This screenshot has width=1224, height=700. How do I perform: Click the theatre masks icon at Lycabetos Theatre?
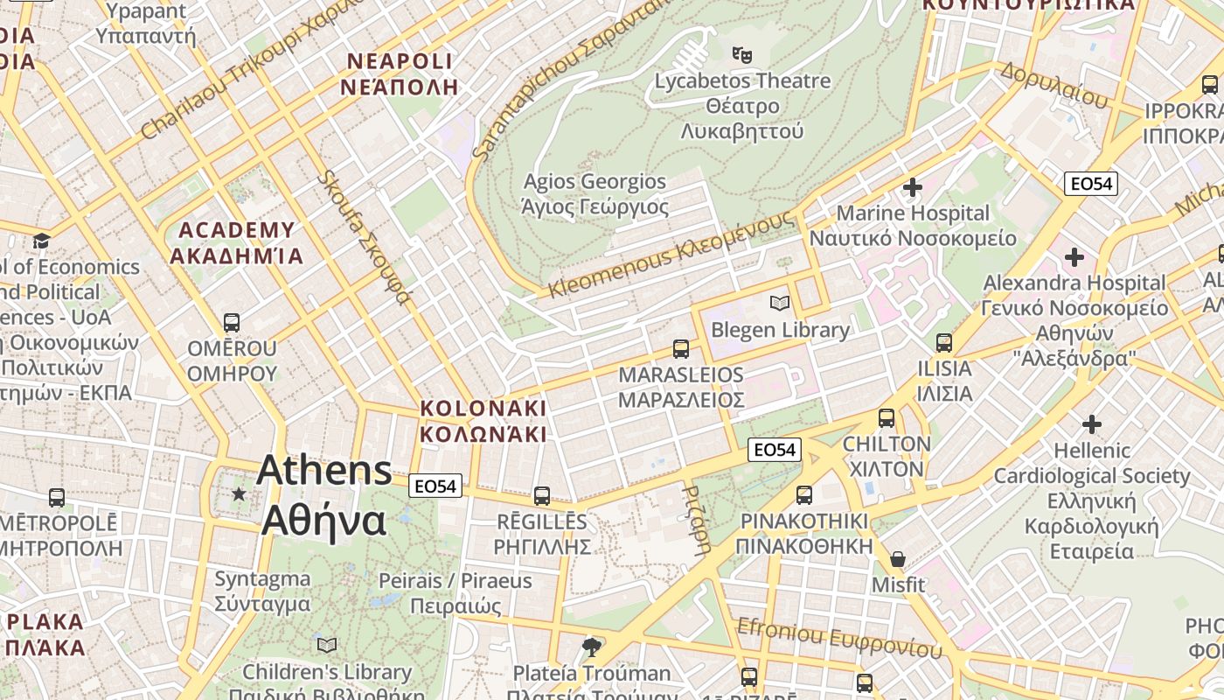click(742, 55)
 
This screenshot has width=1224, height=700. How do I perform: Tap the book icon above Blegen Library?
click(779, 303)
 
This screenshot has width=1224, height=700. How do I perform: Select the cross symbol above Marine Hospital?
click(913, 186)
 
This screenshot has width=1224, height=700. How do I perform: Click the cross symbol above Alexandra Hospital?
click(1074, 257)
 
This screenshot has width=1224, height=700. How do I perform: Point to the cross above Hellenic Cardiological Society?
click(1091, 424)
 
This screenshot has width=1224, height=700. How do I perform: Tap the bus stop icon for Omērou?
click(232, 322)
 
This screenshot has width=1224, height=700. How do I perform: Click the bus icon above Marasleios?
click(681, 348)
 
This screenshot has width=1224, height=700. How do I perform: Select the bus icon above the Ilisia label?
click(944, 342)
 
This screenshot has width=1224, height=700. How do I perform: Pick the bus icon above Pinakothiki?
click(804, 494)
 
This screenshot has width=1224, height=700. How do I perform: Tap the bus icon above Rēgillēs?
click(542, 495)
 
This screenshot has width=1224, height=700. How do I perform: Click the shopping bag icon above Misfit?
click(897, 558)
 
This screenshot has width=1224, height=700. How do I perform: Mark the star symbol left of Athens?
click(239, 494)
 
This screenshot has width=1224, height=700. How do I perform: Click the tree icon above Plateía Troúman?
click(592, 647)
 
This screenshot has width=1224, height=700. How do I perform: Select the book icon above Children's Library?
click(327, 645)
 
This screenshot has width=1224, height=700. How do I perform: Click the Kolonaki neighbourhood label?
click(483, 421)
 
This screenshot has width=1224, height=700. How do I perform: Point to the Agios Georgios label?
click(595, 194)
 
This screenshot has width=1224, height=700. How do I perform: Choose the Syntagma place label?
click(262, 591)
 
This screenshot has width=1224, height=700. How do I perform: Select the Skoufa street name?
click(363, 236)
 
